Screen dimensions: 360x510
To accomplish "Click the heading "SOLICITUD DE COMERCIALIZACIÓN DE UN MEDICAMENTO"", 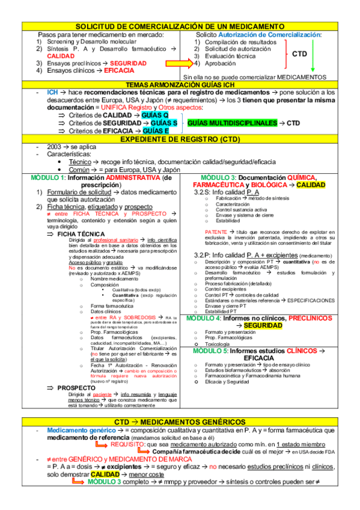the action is (180, 27).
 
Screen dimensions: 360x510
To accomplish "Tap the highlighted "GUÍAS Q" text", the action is (156, 115).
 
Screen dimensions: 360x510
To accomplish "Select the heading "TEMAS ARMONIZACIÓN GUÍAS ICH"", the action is (180, 85).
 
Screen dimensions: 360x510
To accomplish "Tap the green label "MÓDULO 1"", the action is (47, 178).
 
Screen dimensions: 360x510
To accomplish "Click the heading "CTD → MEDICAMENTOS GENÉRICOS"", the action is (180, 422).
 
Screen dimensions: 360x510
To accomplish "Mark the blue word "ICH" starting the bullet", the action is (53, 93).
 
